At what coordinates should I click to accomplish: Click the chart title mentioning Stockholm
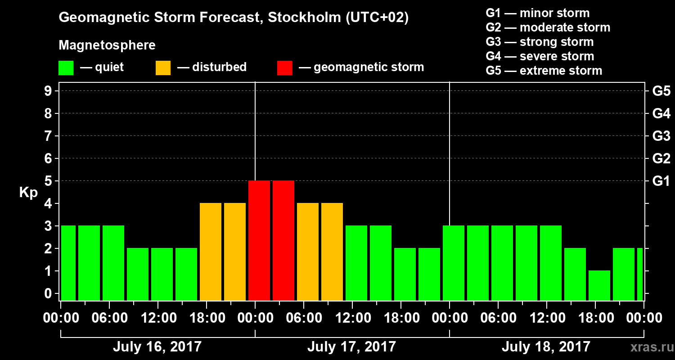pyautogui.click(x=234, y=18)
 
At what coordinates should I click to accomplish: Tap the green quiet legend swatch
pyautogui.click(x=66, y=67)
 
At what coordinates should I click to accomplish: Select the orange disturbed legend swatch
pyautogui.click(x=163, y=67)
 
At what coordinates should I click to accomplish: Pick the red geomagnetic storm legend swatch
pyautogui.click(x=284, y=67)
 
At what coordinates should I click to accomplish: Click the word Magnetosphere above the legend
pyautogui.click(x=107, y=45)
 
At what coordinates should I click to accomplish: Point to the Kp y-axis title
pyautogui.click(x=28, y=192)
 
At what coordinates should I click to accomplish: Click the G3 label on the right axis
pyautogui.click(x=661, y=136)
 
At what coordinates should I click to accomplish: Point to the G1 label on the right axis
pyautogui.click(x=661, y=181)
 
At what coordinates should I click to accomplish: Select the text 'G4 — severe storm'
pyautogui.click(x=540, y=56)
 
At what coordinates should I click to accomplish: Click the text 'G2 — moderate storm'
pyautogui.click(x=548, y=27)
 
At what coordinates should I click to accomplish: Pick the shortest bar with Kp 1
pyautogui.click(x=599, y=286)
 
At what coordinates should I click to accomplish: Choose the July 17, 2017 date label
pyautogui.click(x=351, y=347)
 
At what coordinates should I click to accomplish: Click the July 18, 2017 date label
pyautogui.click(x=546, y=347)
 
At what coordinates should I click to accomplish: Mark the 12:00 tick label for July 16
pyautogui.click(x=158, y=318)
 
